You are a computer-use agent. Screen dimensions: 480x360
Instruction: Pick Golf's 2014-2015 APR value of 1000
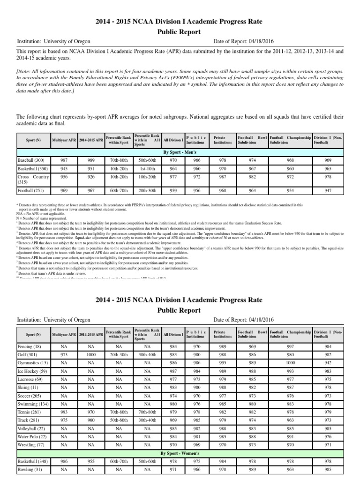pyautogui.click(x=88, y=355)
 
